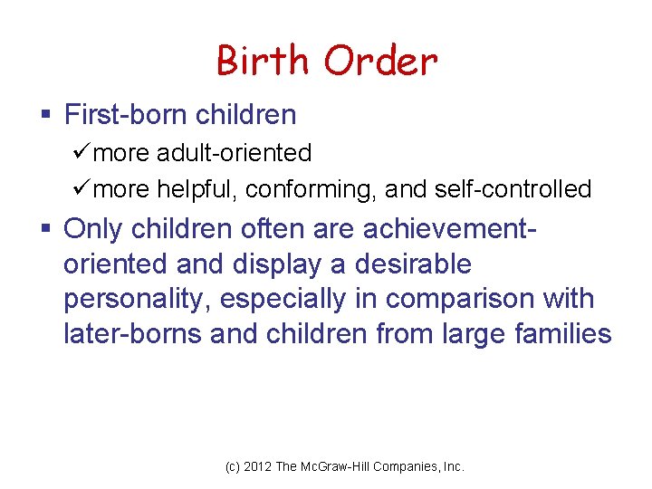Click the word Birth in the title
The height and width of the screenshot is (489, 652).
click(x=263, y=62)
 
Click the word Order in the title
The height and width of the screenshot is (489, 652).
click(x=380, y=62)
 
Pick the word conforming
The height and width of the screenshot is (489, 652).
click(x=311, y=189)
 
